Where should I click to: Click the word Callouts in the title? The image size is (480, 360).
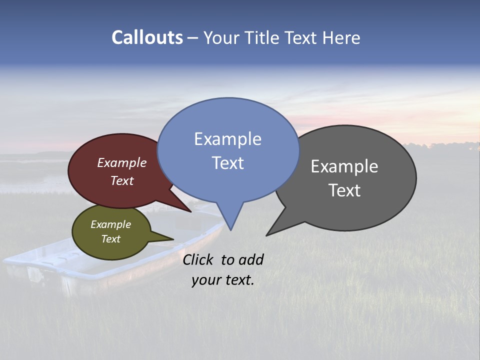147,37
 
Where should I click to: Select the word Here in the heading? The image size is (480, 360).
341,37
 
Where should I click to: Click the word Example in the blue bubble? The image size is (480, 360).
227,139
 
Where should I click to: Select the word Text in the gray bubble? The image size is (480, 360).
344,190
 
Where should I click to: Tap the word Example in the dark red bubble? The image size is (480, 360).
122,163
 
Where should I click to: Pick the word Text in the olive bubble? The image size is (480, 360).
111,239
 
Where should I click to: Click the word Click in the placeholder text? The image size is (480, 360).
199,259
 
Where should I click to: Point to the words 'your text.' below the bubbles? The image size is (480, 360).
223,280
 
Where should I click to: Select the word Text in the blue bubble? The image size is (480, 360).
228,163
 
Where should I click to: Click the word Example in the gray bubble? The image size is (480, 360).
344,166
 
